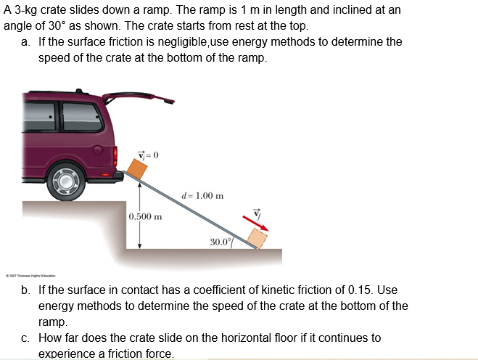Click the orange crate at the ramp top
coord(136,168)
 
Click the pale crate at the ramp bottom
coord(256,237)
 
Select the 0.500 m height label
coord(145,216)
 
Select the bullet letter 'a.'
coord(26,42)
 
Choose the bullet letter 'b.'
coord(26,290)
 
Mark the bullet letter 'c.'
coord(26,337)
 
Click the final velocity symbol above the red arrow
coord(255,213)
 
